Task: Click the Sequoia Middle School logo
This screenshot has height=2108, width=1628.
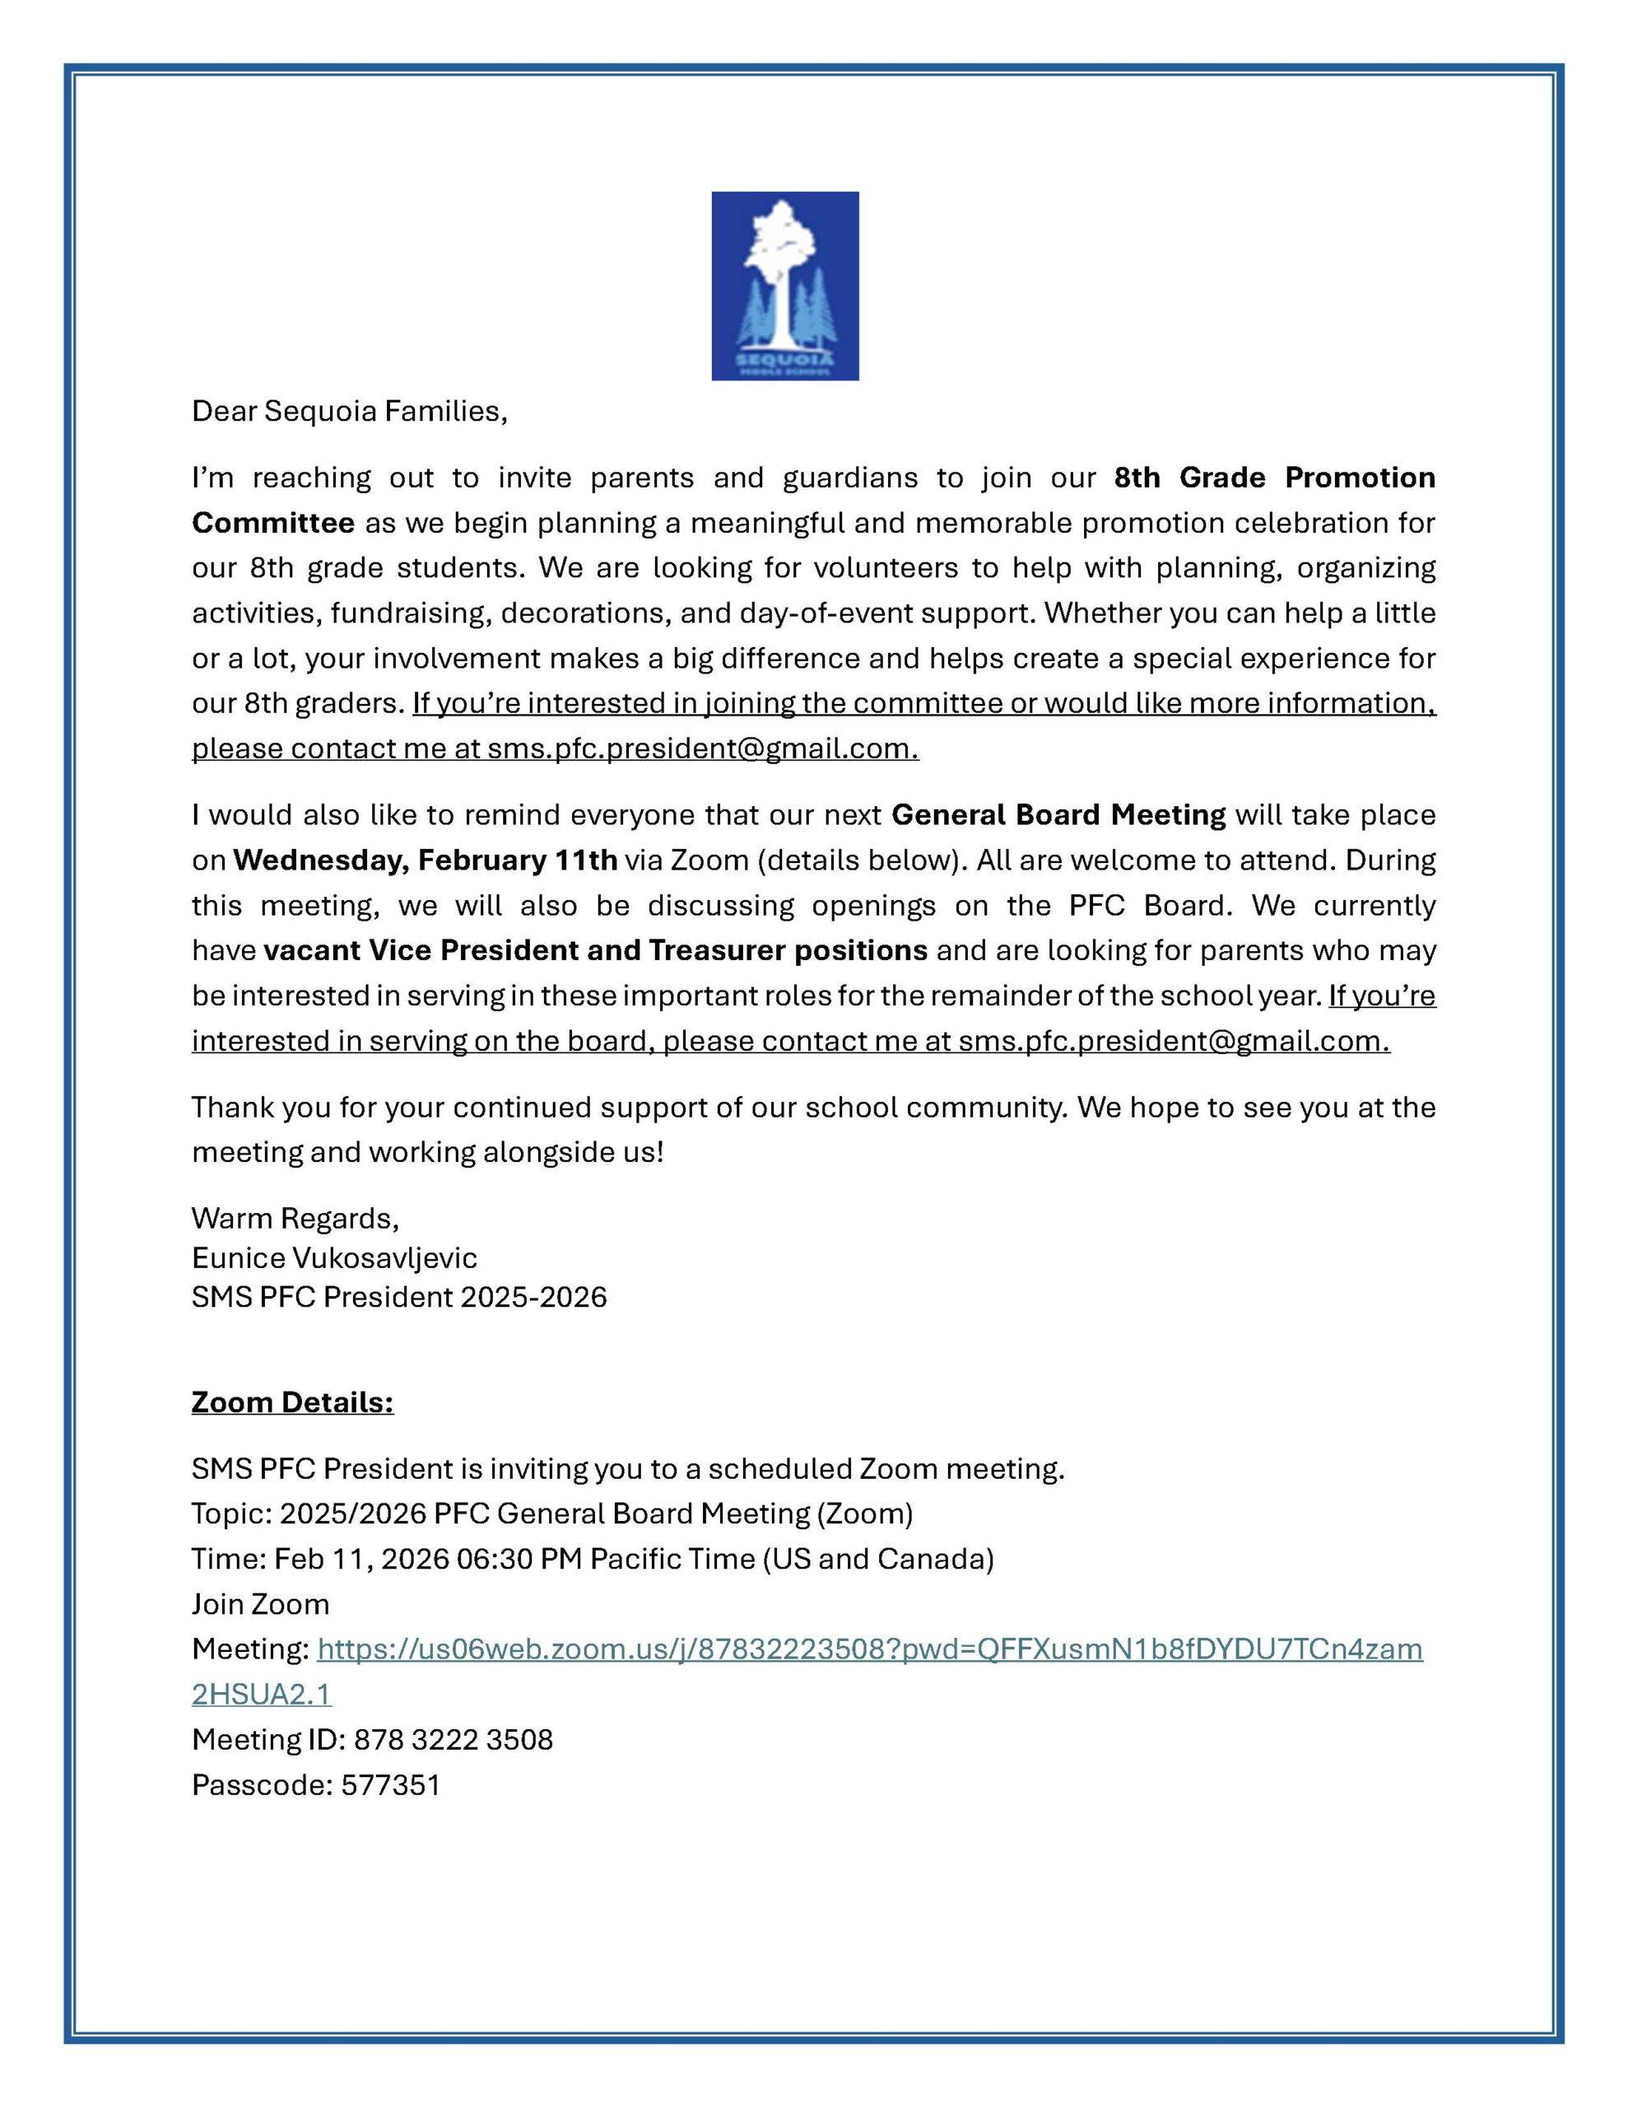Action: coord(784,286)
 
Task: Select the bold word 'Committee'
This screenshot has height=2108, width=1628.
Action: coord(273,523)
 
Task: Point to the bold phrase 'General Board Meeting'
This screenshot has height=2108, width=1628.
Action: coord(1058,814)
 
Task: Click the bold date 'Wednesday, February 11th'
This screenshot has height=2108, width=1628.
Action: coord(425,860)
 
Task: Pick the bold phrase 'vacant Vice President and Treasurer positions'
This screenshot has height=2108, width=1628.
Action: coord(595,951)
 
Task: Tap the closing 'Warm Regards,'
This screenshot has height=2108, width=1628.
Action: coord(295,1218)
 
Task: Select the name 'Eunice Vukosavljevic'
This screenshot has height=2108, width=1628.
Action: coord(334,1257)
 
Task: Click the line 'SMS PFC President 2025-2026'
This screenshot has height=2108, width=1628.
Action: coord(398,1296)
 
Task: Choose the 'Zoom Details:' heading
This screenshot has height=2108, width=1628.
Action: coord(292,1401)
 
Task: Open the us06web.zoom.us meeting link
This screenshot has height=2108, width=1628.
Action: coord(868,1649)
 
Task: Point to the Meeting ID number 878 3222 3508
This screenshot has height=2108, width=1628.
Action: coord(453,1739)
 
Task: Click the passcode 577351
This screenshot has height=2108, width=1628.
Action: coord(390,1784)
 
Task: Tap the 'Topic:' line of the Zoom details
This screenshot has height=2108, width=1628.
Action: coord(551,1513)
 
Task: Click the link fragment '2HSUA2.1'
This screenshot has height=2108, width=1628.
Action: coord(262,1694)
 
